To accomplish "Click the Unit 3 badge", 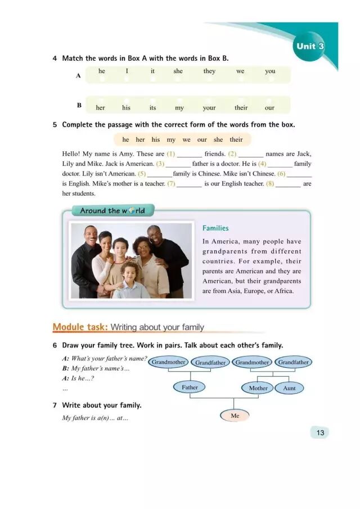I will [x=309, y=46].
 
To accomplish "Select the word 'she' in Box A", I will [x=178, y=71].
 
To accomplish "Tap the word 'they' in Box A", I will [x=209, y=71].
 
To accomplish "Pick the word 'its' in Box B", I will [x=152, y=107].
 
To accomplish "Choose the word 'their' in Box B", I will [x=241, y=107].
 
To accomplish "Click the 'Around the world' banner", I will [x=112, y=211].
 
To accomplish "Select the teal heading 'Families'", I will [x=215, y=228].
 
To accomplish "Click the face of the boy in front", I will [x=130, y=269].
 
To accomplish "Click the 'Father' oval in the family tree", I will [x=190, y=388].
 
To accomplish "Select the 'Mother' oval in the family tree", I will [x=258, y=388].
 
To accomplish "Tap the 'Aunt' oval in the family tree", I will [x=289, y=388].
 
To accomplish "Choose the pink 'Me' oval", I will [x=235, y=416].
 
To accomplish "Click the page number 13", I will [x=320, y=433].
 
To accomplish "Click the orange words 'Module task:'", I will [x=80, y=327].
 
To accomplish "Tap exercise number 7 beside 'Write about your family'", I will [x=55, y=405].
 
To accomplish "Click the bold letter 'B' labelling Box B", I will [x=79, y=105].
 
